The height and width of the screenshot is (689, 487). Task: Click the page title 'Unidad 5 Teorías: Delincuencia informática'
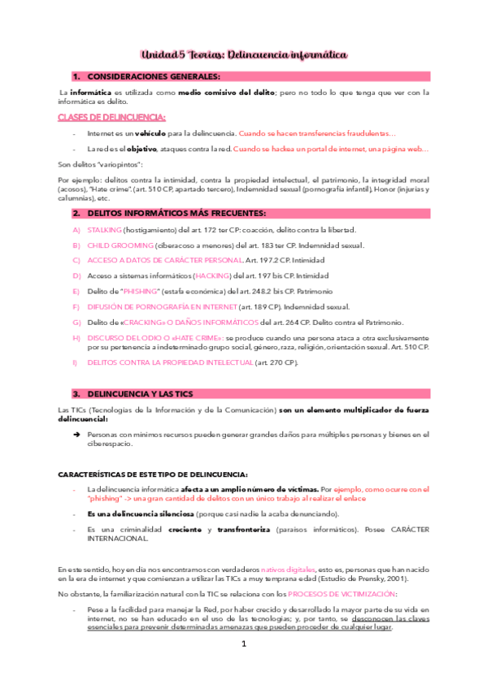(244, 54)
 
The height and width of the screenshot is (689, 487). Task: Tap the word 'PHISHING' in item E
(139, 290)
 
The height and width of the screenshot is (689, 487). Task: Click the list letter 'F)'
(76, 305)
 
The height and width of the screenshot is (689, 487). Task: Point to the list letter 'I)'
(76, 362)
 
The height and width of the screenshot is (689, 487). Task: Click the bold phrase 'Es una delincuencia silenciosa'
(140, 514)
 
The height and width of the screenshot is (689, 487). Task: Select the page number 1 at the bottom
(244, 666)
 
